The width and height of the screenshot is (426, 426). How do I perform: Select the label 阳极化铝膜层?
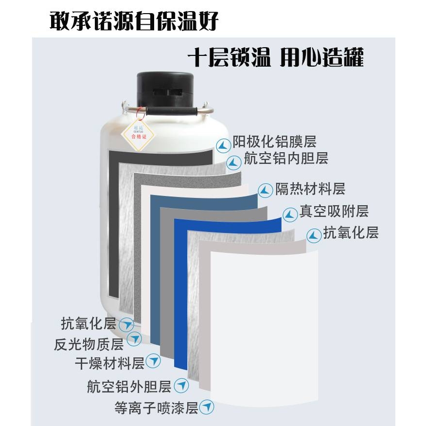[x=274, y=142]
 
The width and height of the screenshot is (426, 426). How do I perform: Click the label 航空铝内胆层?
[x=286, y=158]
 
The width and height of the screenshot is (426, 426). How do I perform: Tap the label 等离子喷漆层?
[x=156, y=408]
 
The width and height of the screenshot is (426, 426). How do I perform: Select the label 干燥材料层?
[x=110, y=362]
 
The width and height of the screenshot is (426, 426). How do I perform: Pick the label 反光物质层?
[x=89, y=344]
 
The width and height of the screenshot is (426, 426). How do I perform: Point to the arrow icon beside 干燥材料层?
[x=154, y=361]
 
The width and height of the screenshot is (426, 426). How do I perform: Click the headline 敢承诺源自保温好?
[x=134, y=20]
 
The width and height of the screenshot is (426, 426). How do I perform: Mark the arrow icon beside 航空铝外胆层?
[x=181, y=386]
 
